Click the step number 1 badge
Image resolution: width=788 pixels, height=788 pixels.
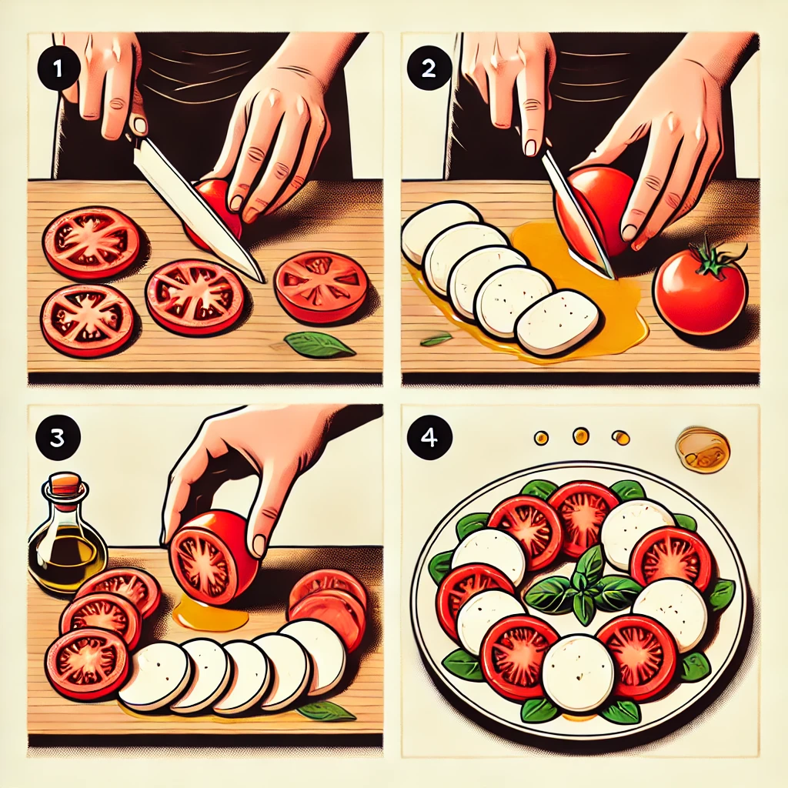point(58,68)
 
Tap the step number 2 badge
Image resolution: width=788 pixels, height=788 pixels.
point(429,68)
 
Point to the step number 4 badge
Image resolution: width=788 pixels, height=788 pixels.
point(429,438)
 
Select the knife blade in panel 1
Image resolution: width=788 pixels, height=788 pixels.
point(198,209)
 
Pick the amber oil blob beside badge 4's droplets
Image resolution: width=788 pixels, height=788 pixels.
point(702,449)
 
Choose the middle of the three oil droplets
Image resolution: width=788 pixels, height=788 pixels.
point(580,436)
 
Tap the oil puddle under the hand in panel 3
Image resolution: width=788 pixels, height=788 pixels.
point(210,612)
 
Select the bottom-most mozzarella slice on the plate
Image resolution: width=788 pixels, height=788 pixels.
point(579,673)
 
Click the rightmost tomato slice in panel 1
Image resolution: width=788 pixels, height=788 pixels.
point(322,286)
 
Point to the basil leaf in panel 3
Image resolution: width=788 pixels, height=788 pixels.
point(326,710)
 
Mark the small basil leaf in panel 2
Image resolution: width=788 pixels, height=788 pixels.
point(436,339)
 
